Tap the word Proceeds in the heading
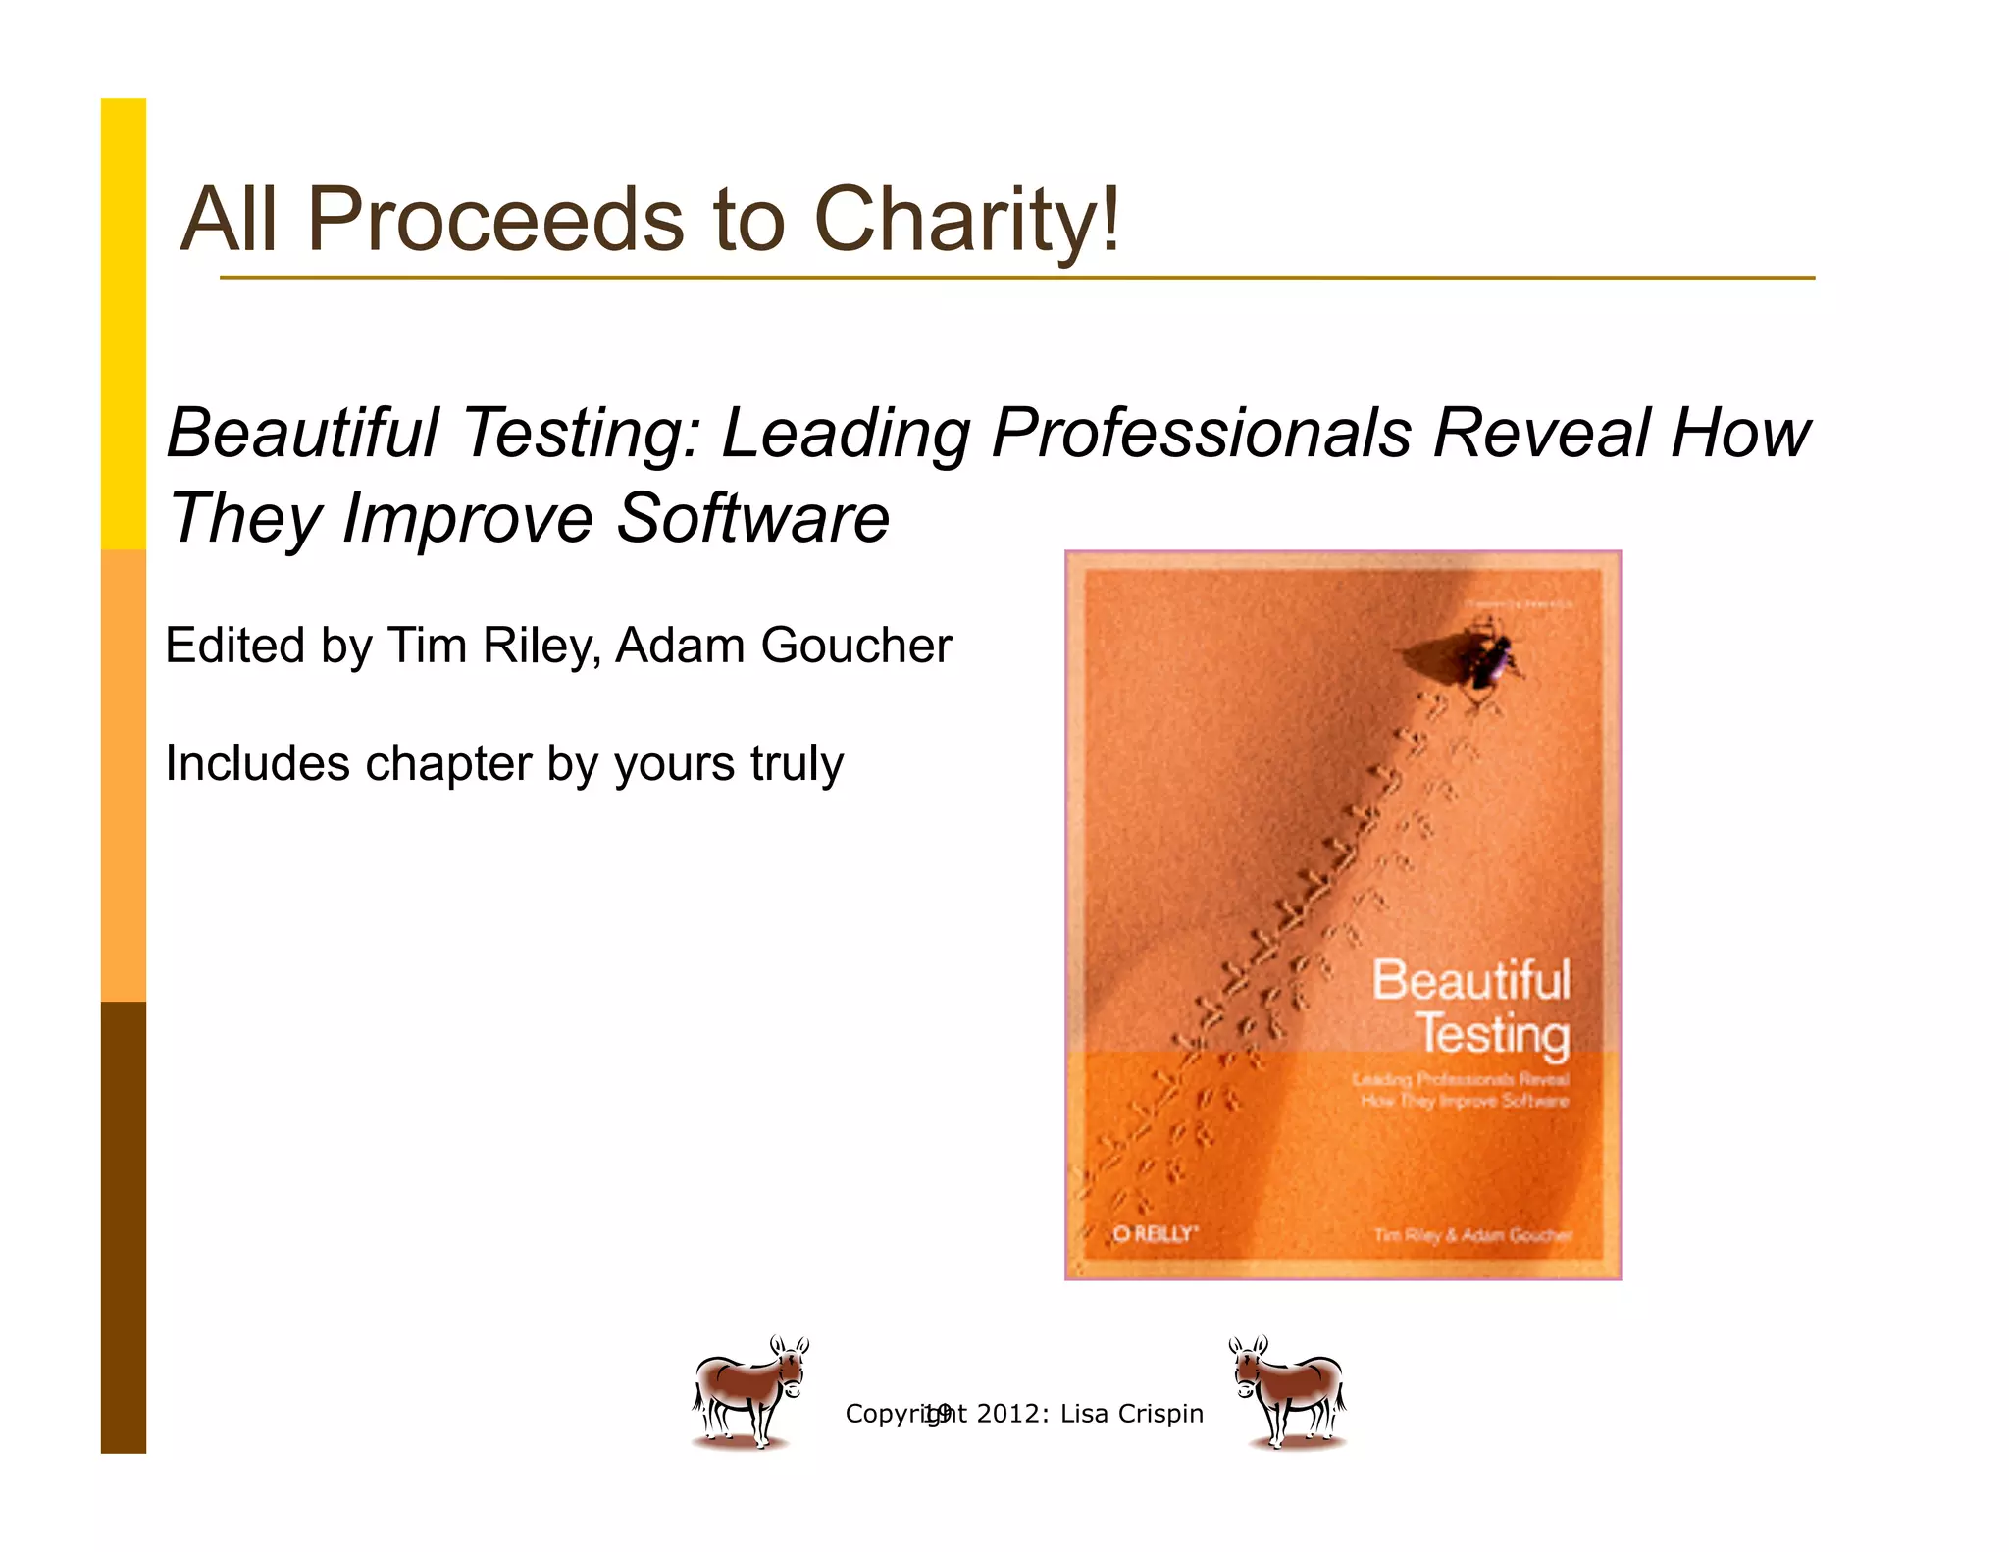coord(495,220)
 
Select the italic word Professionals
coord(1204,433)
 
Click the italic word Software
coord(752,518)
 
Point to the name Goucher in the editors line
coord(856,647)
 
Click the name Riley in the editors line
coord(550,647)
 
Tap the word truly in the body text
coord(797,764)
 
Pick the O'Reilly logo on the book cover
coord(1155,1233)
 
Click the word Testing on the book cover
coord(1492,1034)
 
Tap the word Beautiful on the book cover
coord(1470,979)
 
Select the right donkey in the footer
coord(1288,1391)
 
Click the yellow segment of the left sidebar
coord(124,324)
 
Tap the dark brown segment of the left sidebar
coord(124,1226)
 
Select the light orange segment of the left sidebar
coord(124,775)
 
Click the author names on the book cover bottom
coord(1472,1234)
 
